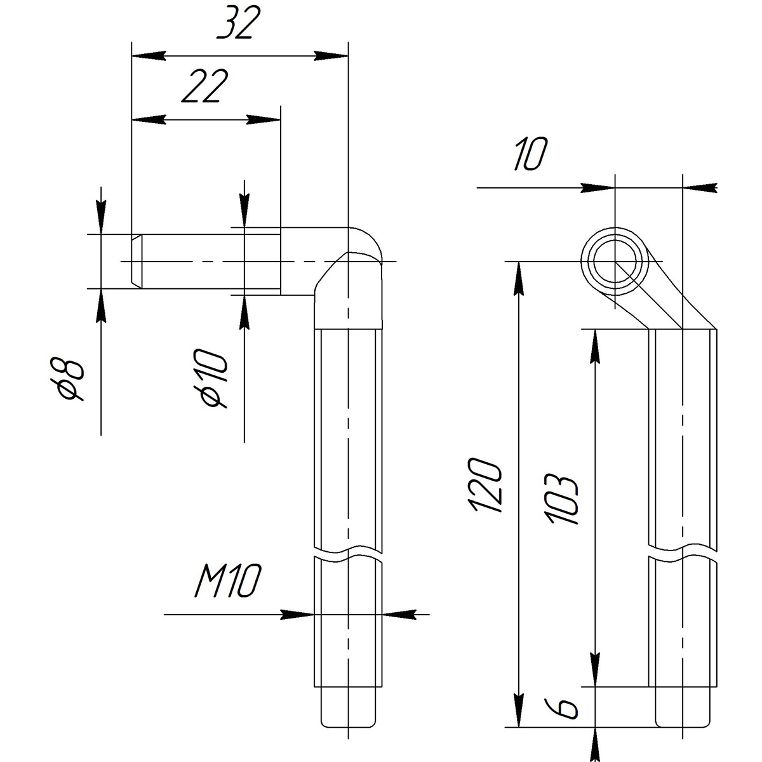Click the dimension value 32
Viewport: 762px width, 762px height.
[239, 22]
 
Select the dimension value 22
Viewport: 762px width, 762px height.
[205, 86]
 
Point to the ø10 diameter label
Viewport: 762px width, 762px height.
[214, 378]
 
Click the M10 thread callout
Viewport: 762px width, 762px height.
[228, 580]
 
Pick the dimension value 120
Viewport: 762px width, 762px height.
[485, 485]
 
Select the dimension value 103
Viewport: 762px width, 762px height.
[561, 498]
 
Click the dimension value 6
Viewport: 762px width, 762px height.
[561, 708]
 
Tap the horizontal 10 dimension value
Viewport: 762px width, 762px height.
[531, 154]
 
